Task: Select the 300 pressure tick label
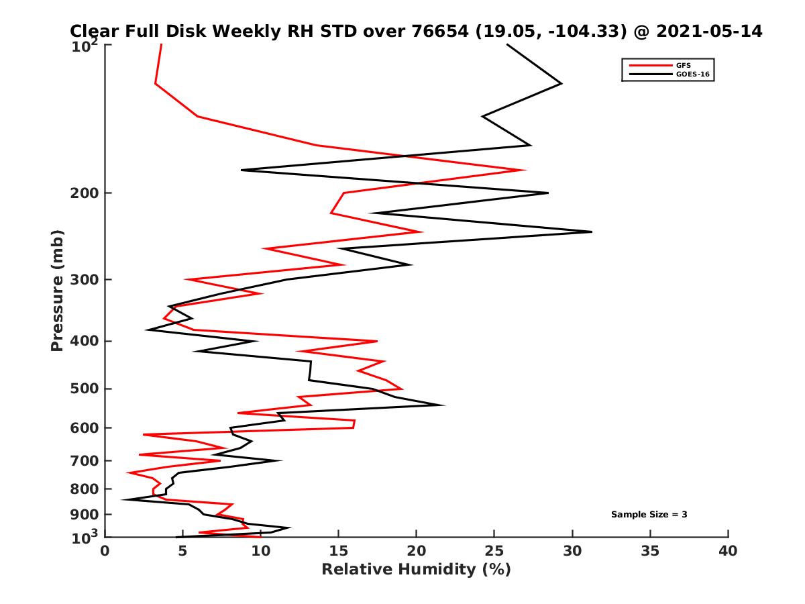(85, 279)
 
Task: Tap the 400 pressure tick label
(85, 341)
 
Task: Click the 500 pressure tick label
(85, 389)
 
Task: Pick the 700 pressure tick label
(85, 460)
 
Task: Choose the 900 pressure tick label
(85, 515)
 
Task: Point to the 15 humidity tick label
(339, 551)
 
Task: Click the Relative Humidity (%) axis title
(416, 570)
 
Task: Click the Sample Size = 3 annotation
(649, 515)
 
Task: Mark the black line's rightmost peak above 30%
(592, 232)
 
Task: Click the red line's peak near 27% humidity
(524, 170)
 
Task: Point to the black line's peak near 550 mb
(443, 405)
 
